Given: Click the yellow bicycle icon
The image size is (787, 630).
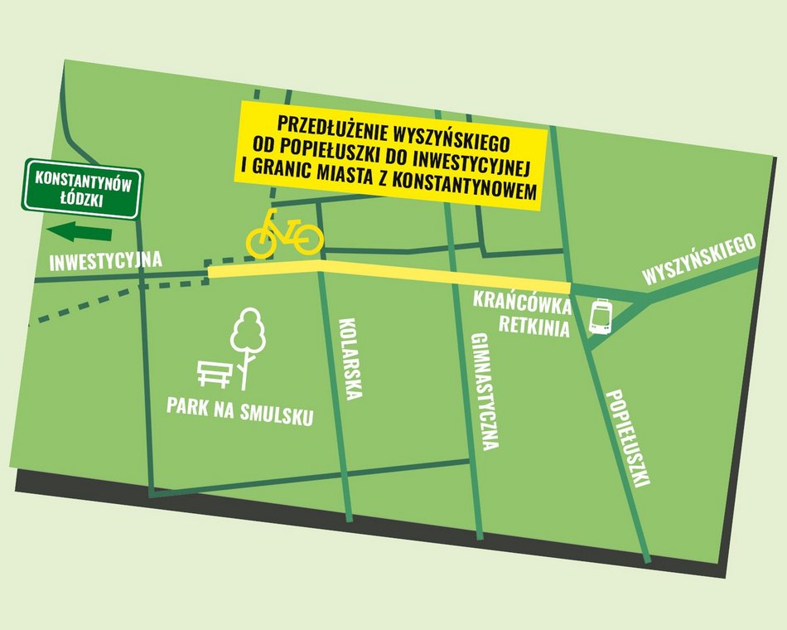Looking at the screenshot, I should (284, 233).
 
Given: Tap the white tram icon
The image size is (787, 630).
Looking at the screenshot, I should (601, 317).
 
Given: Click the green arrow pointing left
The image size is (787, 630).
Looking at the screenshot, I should (80, 232).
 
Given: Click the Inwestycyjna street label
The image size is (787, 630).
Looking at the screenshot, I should (106, 261).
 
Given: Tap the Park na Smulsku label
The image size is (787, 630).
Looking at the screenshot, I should (240, 412).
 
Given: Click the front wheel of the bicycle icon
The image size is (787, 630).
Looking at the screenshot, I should (307, 239).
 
